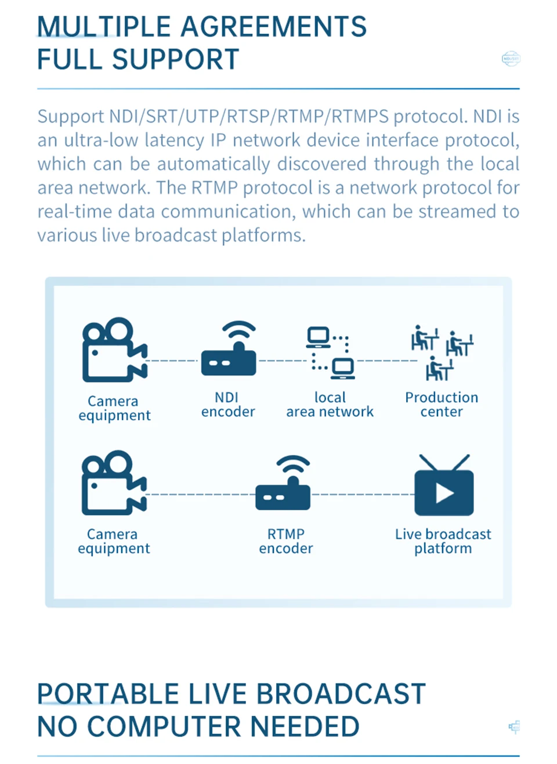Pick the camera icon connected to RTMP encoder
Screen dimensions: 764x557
113,483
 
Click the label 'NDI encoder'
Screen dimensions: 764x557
228,405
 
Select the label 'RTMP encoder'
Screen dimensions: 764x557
286,541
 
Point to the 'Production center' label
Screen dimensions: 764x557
442,405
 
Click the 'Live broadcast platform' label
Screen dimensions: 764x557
443,541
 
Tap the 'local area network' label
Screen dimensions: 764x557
330,405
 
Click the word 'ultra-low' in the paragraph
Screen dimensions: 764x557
97,140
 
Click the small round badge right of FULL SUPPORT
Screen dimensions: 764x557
511,59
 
